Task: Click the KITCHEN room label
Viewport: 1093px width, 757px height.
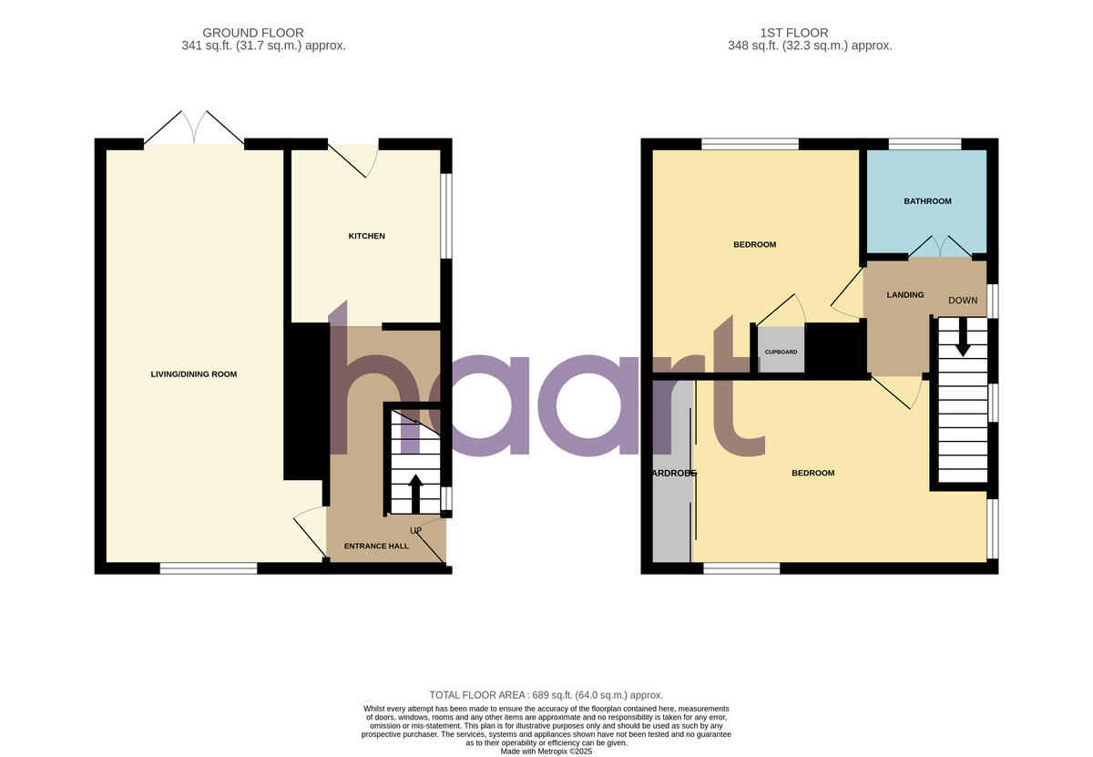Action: coord(366,236)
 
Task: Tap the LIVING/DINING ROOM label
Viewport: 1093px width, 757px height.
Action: coord(193,374)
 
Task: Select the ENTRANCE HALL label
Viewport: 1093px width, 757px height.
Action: coord(375,546)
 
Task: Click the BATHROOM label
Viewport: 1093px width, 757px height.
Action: coord(927,201)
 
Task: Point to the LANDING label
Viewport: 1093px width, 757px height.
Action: coord(905,294)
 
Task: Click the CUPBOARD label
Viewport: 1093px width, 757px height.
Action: coord(781,352)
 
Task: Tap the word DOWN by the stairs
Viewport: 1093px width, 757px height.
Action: coord(963,301)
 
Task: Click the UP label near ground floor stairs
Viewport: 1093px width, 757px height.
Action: coord(415,530)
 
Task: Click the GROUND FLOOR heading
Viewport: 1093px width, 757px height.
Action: coord(253,34)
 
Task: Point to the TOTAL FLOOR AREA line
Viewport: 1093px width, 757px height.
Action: coord(546,695)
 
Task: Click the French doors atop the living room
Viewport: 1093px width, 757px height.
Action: coord(194,128)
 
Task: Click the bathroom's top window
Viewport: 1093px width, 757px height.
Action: coord(924,143)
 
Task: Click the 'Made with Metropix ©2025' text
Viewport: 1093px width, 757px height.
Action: coord(546,752)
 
